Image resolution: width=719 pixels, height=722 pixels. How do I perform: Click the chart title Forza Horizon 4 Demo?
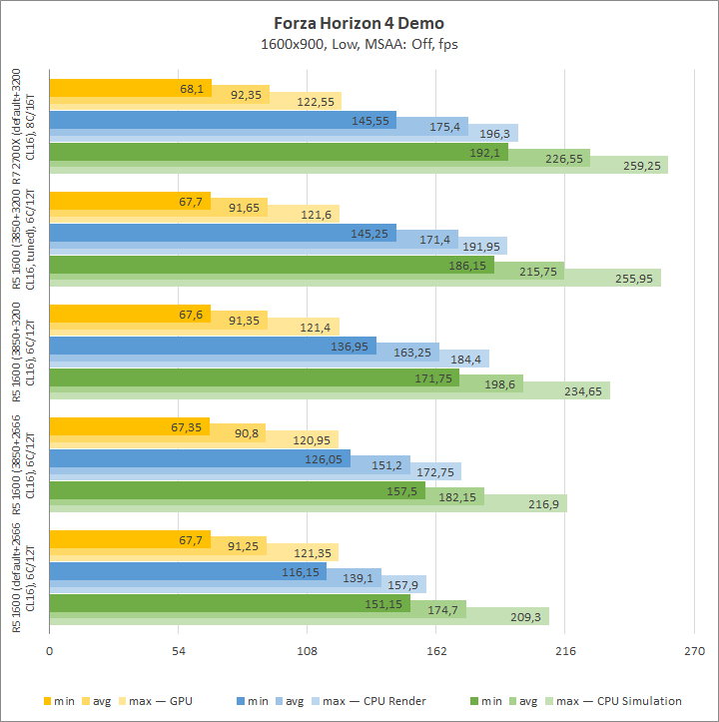pyautogui.click(x=359, y=23)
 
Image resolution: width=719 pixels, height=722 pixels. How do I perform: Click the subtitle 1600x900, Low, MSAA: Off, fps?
pyautogui.click(x=359, y=44)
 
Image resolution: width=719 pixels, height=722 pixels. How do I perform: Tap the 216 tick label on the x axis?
pyautogui.click(x=564, y=651)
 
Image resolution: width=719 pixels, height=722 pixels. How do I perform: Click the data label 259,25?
pyautogui.click(x=639, y=166)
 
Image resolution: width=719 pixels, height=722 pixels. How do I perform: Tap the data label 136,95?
pyautogui.click(x=349, y=347)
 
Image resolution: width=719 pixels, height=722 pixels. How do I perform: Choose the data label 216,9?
pyautogui.click(x=544, y=504)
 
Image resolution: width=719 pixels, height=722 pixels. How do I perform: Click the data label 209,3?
pyautogui.click(x=526, y=617)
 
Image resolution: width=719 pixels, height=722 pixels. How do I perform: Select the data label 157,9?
pyautogui.click(x=404, y=584)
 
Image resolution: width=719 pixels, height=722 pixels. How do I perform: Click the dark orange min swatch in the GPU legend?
pyautogui.click(x=49, y=701)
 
